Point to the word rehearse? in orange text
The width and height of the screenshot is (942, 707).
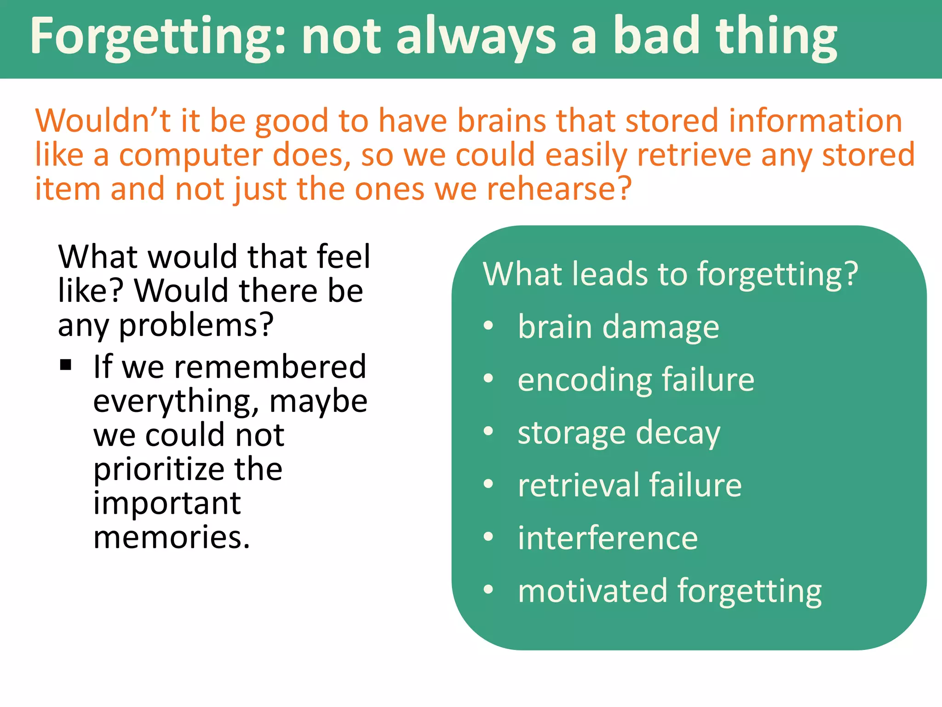pyautogui.click(x=559, y=189)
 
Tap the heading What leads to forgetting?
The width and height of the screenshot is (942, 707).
pyautogui.click(x=670, y=274)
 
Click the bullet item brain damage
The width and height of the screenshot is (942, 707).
pyautogui.click(x=618, y=327)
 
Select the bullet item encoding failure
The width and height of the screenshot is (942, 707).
pyautogui.click(x=636, y=380)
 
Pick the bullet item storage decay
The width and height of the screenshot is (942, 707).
pyautogui.click(x=619, y=433)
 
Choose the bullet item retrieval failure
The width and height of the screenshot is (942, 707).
pyautogui.click(x=629, y=486)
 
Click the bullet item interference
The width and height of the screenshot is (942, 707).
pyautogui.click(x=607, y=538)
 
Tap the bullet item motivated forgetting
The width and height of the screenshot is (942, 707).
pyautogui.click(x=669, y=591)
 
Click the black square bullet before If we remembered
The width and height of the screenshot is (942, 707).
pyautogui.click(x=66, y=365)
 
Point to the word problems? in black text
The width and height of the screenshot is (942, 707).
pyautogui.click(x=196, y=325)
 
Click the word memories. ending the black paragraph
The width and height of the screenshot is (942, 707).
pyautogui.click(x=172, y=537)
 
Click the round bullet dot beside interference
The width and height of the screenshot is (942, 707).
pyautogui.click(x=488, y=537)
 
